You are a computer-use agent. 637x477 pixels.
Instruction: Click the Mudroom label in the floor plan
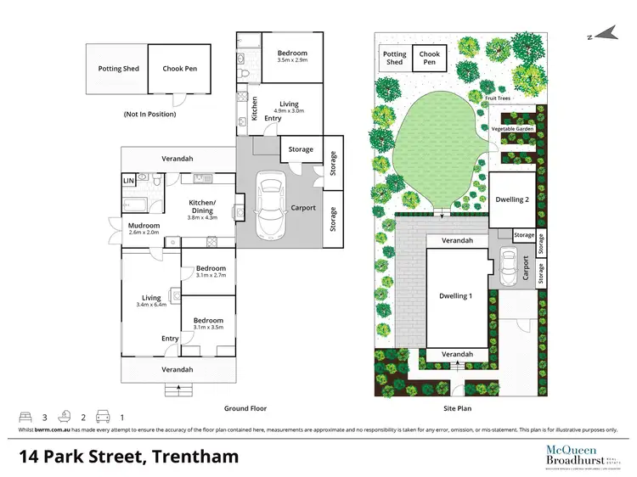[x=146, y=225]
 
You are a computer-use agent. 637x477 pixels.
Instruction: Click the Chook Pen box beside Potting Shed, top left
[x=179, y=69]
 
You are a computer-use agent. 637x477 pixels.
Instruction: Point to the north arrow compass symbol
[x=606, y=35]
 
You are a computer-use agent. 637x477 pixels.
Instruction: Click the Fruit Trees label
[x=502, y=98]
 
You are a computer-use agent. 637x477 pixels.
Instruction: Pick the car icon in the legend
[x=104, y=417]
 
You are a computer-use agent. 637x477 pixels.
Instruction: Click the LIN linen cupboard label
[x=129, y=180]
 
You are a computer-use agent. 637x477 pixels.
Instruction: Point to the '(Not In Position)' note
[x=149, y=113]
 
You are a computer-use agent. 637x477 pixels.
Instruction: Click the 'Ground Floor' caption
[x=246, y=408]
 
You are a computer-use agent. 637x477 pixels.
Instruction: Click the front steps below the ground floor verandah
[x=178, y=389]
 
